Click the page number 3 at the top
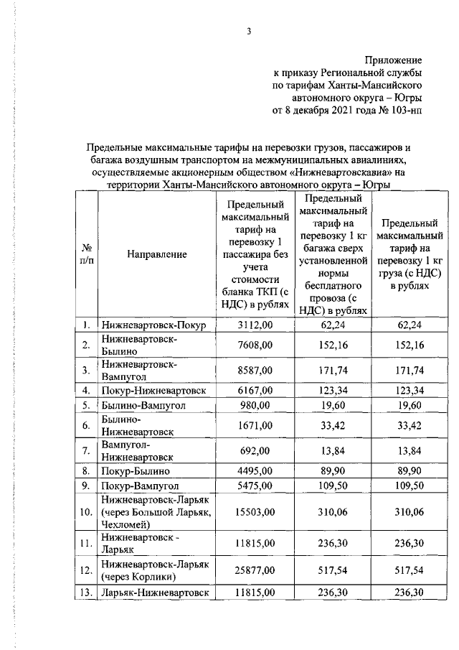click(x=249, y=31)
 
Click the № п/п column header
click(x=85, y=254)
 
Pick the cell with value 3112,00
click(x=255, y=325)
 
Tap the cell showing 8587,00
click(x=255, y=370)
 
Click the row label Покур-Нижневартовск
click(x=154, y=390)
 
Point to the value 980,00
click(x=255, y=405)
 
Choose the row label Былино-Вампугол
click(x=144, y=405)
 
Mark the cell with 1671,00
click(x=255, y=425)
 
